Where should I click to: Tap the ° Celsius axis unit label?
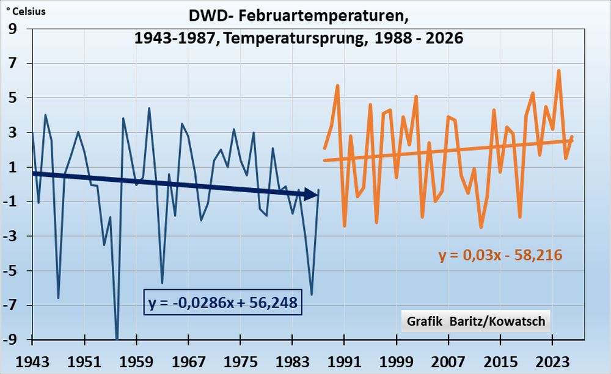coord(25,11)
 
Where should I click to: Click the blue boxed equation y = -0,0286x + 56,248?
coord(222,301)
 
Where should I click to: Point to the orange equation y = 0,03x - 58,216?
coord(500,255)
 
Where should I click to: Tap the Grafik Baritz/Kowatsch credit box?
coord(476,321)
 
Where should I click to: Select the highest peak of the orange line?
coord(558,71)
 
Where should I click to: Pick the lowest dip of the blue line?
coord(116,337)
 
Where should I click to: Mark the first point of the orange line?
coord(324,148)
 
